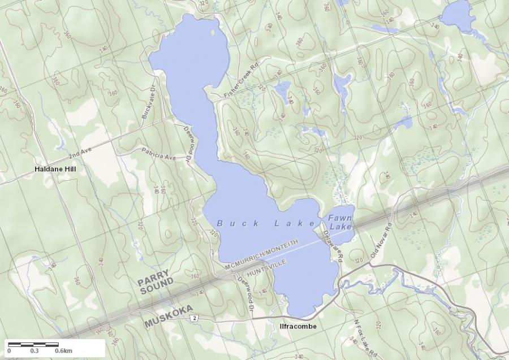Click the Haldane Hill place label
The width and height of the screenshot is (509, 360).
click(55, 169)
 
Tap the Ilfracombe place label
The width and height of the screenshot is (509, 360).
click(297, 327)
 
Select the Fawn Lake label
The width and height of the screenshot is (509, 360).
click(340, 222)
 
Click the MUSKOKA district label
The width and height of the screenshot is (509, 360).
click(169, 316)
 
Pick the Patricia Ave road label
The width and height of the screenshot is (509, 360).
click(159, 153)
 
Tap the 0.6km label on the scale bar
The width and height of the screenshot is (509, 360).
click(63, 351)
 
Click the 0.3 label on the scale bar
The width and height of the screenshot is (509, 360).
click(34, 351)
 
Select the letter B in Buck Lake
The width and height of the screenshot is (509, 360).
click(220, 224)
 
